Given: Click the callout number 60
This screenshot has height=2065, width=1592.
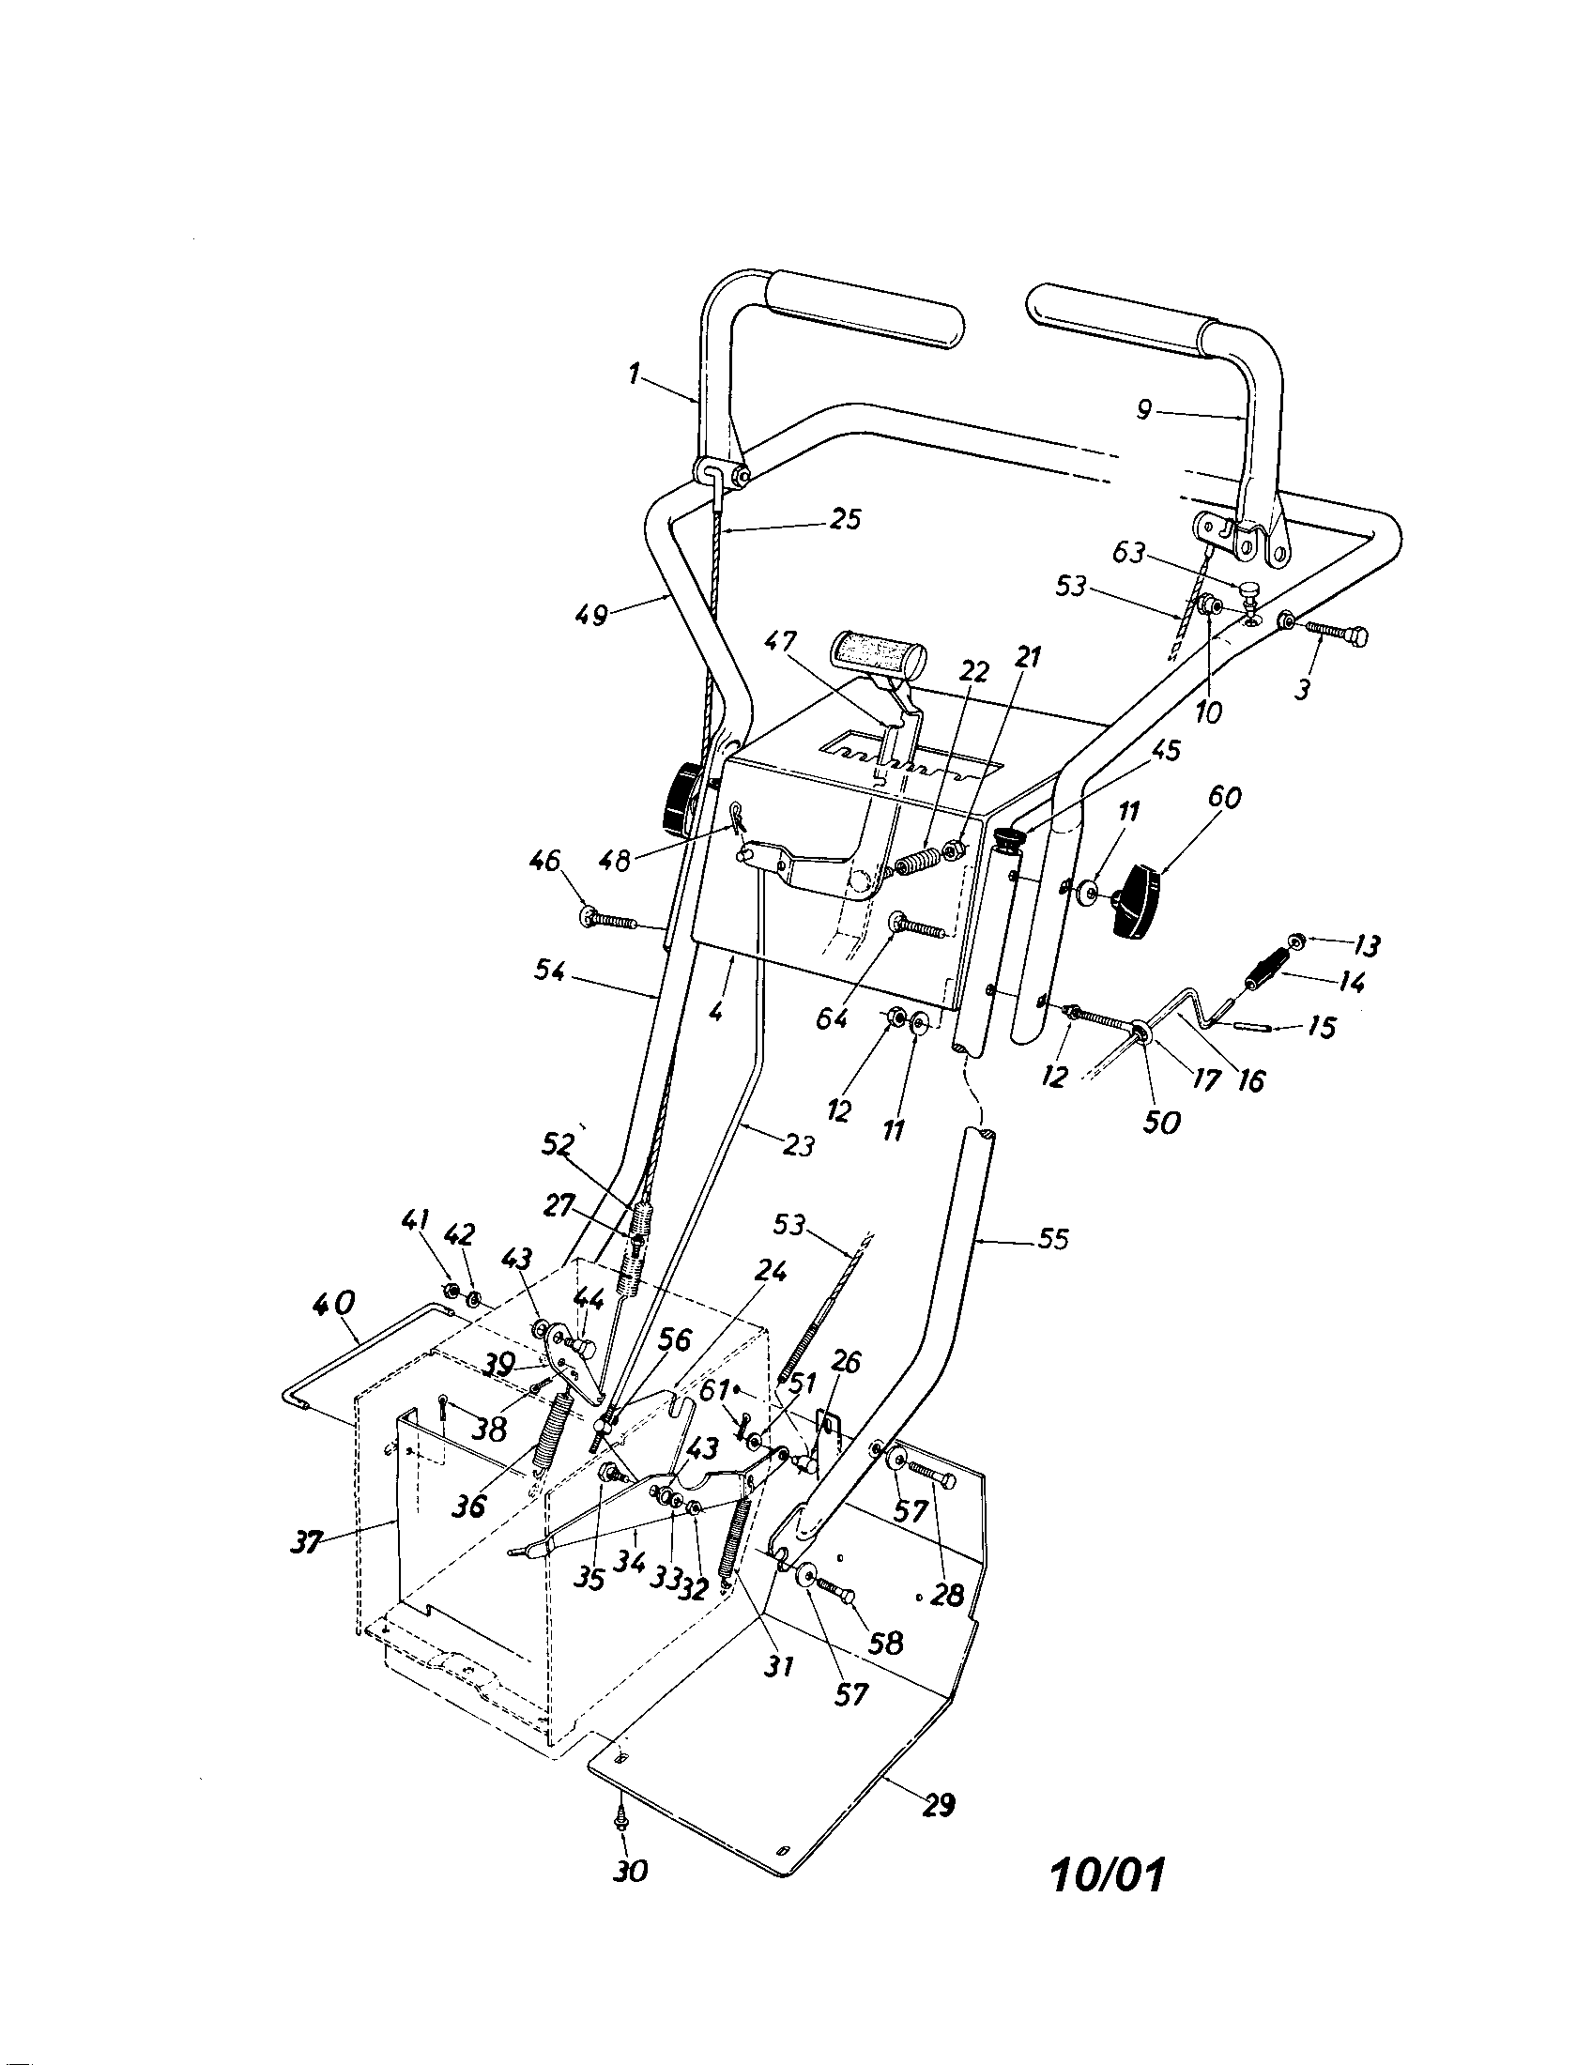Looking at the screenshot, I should point(1224,799).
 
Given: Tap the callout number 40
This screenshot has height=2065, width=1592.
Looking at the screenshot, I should point(336,1304).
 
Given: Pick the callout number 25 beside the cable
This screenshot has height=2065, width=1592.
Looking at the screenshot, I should point(844,519).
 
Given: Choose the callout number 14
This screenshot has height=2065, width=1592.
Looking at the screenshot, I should point(1353,984).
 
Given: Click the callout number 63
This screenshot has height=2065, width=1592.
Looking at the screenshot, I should point(1129,552).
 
